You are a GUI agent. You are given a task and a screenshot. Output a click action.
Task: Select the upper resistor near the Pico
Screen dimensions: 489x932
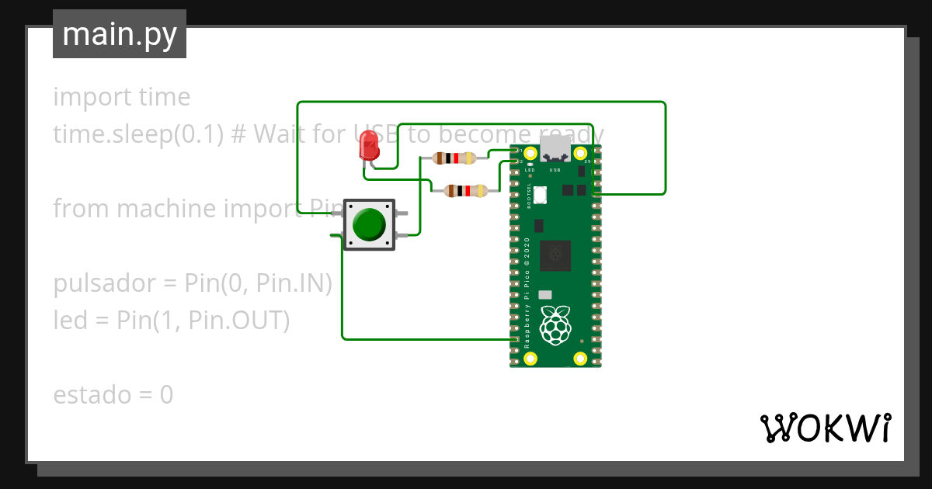point(454,158)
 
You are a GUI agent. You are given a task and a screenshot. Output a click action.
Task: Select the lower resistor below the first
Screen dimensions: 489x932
point(464,191)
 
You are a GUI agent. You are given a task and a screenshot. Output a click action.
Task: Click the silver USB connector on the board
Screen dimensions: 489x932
point(555,147)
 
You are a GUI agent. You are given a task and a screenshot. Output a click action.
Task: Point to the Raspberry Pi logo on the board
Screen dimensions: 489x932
point(555,325)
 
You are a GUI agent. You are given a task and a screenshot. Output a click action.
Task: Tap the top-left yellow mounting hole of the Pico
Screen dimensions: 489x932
point(530,153)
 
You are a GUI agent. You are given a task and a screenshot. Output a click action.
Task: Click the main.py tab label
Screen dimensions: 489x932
point(120,35)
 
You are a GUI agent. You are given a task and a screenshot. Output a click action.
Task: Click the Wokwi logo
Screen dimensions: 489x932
point(824,428)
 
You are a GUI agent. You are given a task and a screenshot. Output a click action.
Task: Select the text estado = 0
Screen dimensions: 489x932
point(113,395)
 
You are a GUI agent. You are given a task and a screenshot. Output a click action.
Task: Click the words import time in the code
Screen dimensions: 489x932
point(122,97)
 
